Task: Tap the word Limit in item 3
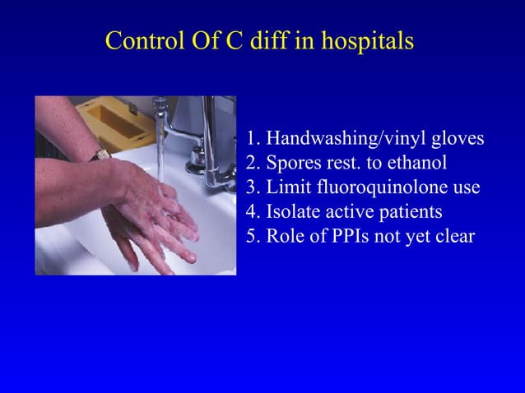point(285,187)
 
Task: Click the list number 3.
point(252,187)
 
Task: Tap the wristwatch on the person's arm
point(100,154)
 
